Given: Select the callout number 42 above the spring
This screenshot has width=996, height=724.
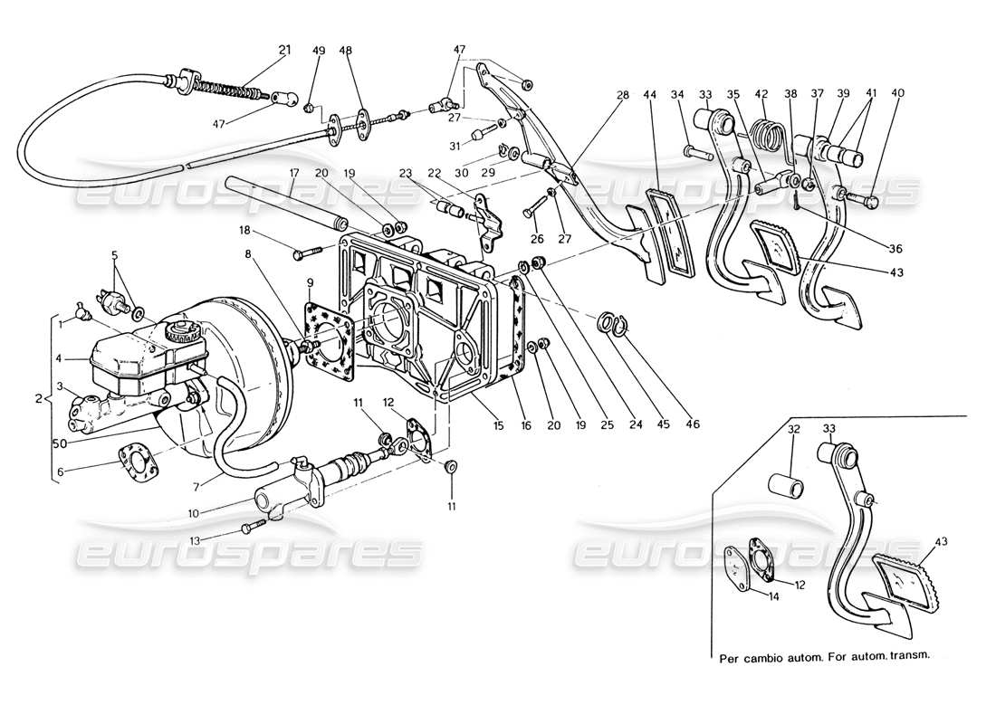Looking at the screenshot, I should tap(762, 93).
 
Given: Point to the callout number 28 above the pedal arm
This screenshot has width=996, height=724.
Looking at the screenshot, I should tap(621, 93).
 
